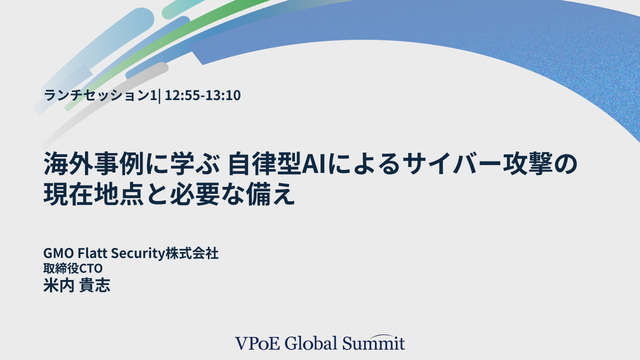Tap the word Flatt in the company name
pos(92,254)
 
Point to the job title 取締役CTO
pos(73,269)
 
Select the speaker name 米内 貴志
pos(76,285)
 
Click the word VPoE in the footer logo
pos(257,343)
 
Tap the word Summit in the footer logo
pos(373,343)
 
